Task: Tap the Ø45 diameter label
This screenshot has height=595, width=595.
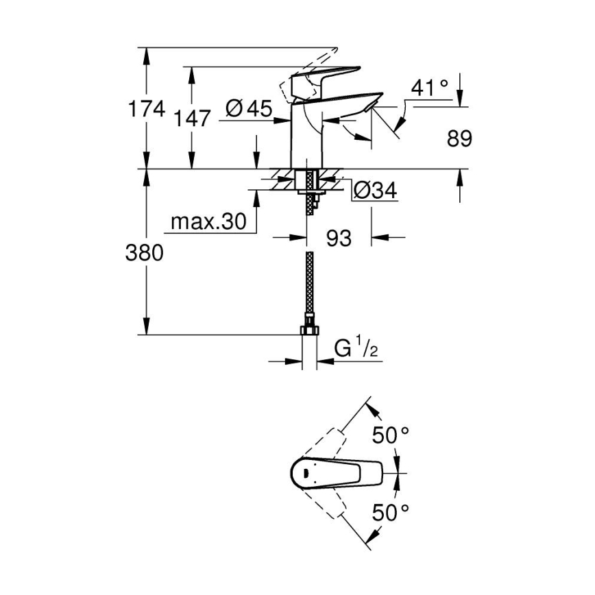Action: click(248, 108)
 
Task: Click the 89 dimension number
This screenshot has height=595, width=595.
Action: click(459, 139)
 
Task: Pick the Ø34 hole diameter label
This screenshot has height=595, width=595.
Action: click(375, 191)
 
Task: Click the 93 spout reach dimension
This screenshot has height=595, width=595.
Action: click(338, 238)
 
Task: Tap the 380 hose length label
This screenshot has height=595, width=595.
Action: click(145, 253)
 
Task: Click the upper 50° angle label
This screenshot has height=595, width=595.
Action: click(390, 435)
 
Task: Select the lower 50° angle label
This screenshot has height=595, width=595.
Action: click(390, 511)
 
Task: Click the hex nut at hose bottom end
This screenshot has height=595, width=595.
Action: click(311, 330)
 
